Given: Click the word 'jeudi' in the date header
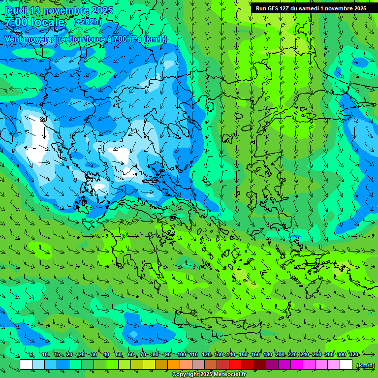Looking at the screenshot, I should click(x=16, y=10).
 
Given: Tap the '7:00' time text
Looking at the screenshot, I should click(x=15, y=22).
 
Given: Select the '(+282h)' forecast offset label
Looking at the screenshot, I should click(x=87, y=22).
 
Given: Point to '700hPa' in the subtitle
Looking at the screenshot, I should click(x=126, y=39).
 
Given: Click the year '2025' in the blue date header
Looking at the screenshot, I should click(x=101, y=10).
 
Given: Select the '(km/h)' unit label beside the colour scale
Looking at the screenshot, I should click(x=365, y=365).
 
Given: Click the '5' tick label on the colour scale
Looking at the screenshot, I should click(x=31, y=355).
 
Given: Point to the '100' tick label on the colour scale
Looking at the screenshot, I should click(x=182, y=355).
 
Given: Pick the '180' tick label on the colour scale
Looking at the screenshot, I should click(x=267, y=355).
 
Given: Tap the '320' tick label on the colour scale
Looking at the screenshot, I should click(x=353, y=355).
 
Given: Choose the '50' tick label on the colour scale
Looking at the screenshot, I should click(x=119, y=355).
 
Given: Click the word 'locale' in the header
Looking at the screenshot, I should click(x=47, y=22).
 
